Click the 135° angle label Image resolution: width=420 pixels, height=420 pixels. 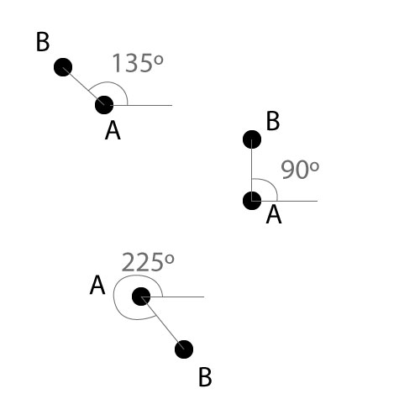138,63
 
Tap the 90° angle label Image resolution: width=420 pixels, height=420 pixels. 300,170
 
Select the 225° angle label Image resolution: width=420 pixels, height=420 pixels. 148,262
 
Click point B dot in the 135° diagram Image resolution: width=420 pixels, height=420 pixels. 63,67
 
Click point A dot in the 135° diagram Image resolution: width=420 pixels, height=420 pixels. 104,105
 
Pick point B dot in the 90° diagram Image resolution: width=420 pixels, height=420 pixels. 252,139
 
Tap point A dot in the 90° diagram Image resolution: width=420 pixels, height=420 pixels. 252,201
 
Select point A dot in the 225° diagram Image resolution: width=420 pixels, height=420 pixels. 141,297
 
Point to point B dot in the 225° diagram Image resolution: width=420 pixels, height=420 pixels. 184,349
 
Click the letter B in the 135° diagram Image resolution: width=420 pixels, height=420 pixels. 43,42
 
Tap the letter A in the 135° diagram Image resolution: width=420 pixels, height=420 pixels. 113,130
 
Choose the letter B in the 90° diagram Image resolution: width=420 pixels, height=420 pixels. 273,121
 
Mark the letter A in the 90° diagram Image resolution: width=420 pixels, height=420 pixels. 274,214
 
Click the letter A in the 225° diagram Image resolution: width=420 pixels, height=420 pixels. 97,285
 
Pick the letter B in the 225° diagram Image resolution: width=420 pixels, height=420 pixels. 205,377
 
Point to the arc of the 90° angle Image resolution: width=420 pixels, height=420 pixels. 270,184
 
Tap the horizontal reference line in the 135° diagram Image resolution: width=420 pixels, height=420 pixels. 141,105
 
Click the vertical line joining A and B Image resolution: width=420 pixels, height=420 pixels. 252,170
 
